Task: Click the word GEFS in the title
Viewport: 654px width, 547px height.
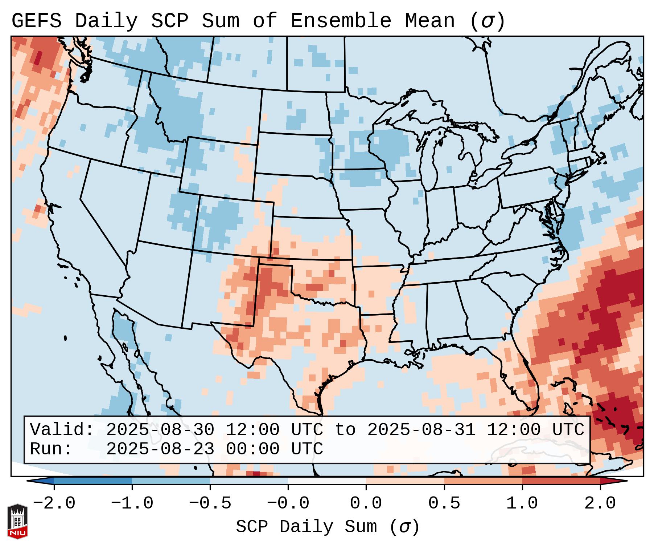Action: (x=36, y=21)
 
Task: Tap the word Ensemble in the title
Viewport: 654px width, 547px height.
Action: (x=341, y=21)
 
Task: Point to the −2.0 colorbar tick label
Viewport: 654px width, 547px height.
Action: (x=54, y=503)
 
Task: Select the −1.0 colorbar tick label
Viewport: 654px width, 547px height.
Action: (x=132, y=503)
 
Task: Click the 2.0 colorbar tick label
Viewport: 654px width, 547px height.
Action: (x=600, y=503)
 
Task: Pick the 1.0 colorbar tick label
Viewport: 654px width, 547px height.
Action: (x=522, y=503)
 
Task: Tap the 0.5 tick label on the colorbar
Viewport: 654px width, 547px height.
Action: (x=444, y=503)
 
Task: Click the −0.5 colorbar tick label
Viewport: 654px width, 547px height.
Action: (x=210, y=503)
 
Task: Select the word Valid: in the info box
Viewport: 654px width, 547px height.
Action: (x=62, y=430)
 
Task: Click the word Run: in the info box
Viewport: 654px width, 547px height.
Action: (x=51, y=449)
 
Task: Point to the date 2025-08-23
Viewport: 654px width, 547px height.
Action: (x=160, y=449)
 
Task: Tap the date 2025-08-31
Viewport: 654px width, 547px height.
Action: (x=421, y=430)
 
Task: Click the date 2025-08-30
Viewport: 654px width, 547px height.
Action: (x=160, y=430)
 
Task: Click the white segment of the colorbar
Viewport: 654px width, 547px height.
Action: (x=327, y=481)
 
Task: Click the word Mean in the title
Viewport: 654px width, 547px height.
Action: (x=430, y=21)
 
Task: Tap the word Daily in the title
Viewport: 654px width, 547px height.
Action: (x=106, y=21)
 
